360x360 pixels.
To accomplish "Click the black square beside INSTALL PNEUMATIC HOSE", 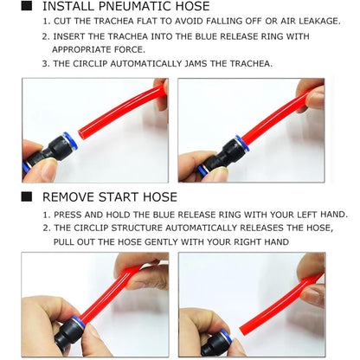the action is pos(27,5).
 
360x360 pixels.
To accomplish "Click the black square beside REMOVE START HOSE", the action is pos(27,196).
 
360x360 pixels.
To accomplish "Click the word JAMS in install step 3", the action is pos(196,63).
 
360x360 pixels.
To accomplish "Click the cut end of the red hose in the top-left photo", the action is pos(81,134).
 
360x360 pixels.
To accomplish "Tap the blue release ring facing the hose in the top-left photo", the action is pos(70,142).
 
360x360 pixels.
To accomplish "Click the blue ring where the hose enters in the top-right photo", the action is pos(242,144).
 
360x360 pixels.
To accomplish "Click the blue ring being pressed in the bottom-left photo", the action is pos(78,322).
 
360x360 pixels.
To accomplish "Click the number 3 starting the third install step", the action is pos(45,64).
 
